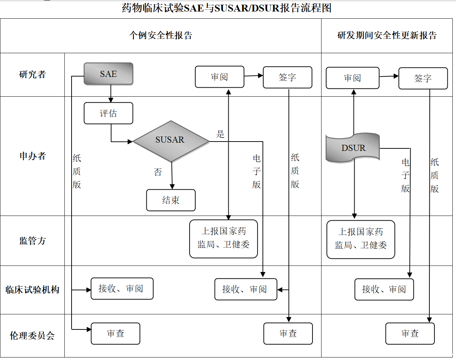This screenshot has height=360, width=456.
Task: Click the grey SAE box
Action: pyautogui.click(x=108, y=74)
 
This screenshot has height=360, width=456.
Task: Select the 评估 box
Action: pyautogui.click(x=108, y=114)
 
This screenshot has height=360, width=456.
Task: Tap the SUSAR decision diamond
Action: pyautogui.click(x=170, y=141)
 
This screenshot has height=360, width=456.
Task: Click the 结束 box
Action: pyautogui.click(x=171, y=200)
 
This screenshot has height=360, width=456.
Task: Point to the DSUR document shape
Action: pyautogui.click(x=353, y=148)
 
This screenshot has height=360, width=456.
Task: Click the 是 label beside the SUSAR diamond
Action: pyautogui.click(x=220, y=134)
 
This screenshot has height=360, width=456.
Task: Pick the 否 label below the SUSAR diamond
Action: pyautogui.click(x=158, y=172)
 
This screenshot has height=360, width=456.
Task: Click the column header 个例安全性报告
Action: pyautogui.click(x=161, y=35)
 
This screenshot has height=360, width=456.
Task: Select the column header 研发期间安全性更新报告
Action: pyautogui.click(x=387, y=35)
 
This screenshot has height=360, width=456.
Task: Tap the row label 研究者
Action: pyautogui.click(x=32, y=74)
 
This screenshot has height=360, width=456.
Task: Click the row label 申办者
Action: pyautogui.click(x=32, y=156)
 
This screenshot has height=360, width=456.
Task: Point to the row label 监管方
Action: pyautogui.click(x=32, y=241)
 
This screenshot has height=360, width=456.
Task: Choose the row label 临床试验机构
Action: pyautogui.click(x=32, y=290)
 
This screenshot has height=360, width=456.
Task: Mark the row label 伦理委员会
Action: pyautogui.click(x=32, y=336)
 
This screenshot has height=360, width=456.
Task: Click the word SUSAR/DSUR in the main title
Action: pyautogui.click(x=247, y=8)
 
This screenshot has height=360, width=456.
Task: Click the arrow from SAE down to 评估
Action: pyautogui.click(x=111, y=94)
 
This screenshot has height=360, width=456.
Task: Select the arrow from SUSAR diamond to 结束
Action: pyautogui.click(x=172, y=176)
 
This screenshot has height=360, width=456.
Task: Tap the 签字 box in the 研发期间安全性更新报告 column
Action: pyautogui.click(x=423, y=78)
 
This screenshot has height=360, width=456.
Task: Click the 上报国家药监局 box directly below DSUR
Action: pyautogui.click(x=361, y=239)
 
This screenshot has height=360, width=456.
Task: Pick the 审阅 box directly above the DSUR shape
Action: pyautogui.click(x=352, y=78)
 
